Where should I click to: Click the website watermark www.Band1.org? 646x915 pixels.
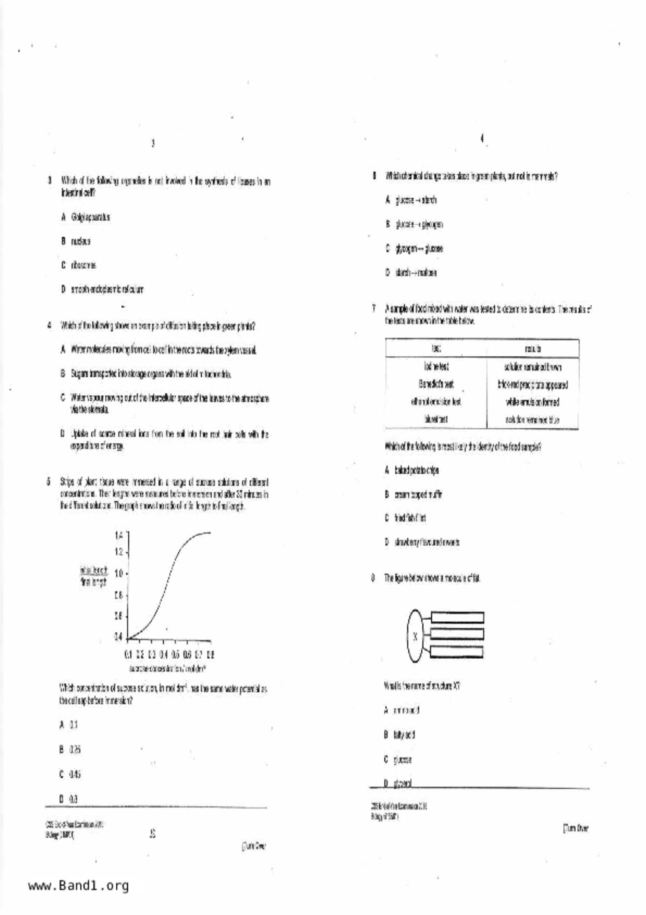pos(78,885)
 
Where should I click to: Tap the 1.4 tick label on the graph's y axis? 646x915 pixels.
pos(118,535)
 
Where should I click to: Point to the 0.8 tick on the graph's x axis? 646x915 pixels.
pos(210,654)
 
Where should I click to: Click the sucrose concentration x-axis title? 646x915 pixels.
pos(167,668)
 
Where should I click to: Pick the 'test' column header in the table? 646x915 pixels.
pos(436,348)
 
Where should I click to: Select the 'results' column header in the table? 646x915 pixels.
pos(532,348)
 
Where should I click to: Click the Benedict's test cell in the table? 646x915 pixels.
pos(436,384)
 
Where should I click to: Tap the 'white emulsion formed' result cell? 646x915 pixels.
pos(532,402)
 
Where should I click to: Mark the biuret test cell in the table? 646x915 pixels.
pos(436,419)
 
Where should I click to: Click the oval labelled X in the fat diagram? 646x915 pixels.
pos(415,636)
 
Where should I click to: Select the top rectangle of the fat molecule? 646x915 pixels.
pos(457,618)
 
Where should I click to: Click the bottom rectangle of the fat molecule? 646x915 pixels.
pos(457,652)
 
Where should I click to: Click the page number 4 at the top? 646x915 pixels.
pos(482,138)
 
